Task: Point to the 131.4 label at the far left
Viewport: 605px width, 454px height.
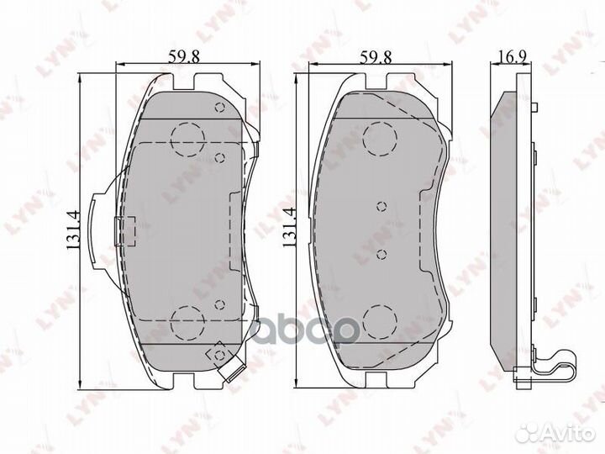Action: [x=73, y=229]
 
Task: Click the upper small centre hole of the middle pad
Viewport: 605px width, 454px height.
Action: [x=381, y=206]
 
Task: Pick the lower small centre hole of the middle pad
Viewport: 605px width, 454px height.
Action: [x=381, y=253]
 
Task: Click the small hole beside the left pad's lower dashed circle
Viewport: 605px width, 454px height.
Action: [x=219, y=305]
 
